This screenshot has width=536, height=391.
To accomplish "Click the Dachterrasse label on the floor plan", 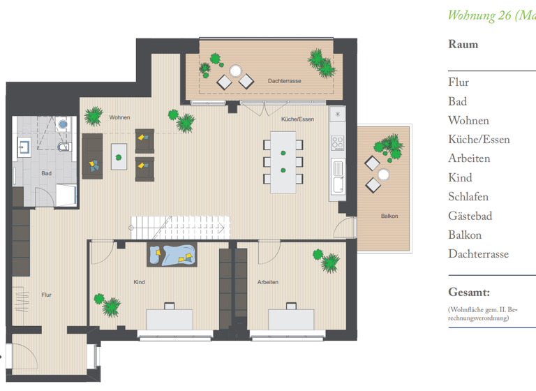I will (284, 82).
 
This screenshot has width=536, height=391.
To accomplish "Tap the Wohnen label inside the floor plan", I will (119, 117).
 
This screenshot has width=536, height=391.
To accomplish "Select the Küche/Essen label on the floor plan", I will (297, 119).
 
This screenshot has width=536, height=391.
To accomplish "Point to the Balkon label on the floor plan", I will (389, 216).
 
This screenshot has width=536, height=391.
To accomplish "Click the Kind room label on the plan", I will (139, 282).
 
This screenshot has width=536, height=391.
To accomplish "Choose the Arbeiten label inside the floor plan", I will (268, 282).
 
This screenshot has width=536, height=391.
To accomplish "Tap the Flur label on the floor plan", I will (46, 295).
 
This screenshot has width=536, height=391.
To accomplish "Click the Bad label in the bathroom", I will (46, 173).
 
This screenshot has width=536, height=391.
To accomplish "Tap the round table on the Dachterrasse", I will (235, 71).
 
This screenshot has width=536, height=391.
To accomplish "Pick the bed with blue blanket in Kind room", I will (172, 255).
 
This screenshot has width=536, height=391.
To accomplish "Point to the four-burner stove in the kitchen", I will (338, 143).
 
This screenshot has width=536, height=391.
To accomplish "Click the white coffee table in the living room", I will (119, 152).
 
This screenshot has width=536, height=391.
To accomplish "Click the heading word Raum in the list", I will (463, 45).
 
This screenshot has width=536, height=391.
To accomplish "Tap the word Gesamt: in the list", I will (468, 292).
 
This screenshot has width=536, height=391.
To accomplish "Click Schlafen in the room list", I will (468, 197).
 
